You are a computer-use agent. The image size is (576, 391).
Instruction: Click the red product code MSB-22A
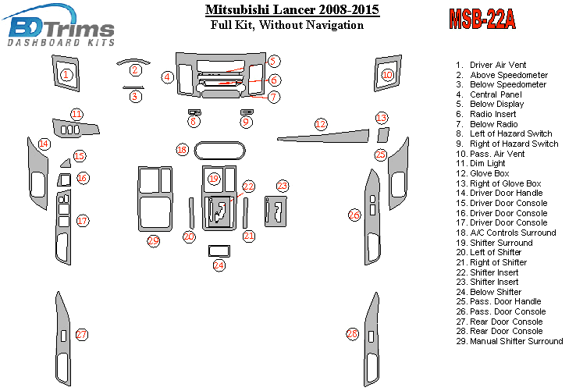click(482, 19)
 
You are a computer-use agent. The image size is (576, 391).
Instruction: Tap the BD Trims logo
click(59, 26)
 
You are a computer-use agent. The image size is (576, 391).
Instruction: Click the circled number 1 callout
click(66, 75)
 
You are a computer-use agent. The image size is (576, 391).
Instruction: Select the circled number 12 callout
click(321, 124)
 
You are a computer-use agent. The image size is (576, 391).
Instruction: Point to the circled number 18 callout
click(182, 150)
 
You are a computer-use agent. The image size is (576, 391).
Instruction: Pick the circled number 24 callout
click(219, 265)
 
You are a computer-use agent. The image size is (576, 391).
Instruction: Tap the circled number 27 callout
click(81, 334)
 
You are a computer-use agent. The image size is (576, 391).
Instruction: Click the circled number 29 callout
click(153, 241)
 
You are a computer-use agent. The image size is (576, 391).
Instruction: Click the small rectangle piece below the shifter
click(219, 251)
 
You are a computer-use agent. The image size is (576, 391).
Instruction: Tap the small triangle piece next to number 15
click(66, 163)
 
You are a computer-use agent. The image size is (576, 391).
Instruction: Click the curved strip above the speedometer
click(133, 61)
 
